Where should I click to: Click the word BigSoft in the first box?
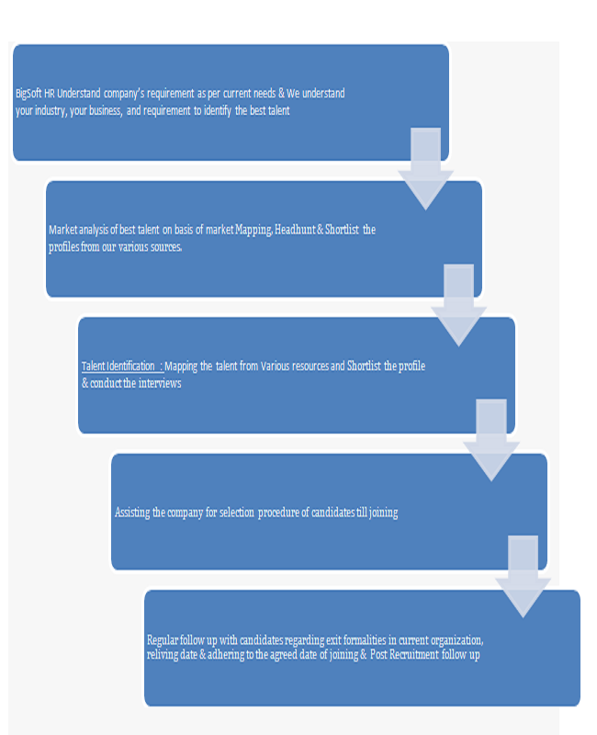(x=28, y=94)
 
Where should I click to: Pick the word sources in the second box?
(x=166, y=247)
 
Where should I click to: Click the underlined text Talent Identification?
(x=118, y=366)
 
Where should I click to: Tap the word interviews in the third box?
(x=160, y=383)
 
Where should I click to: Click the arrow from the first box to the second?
(x=425, y=169)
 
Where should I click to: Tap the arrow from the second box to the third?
(x=458, y=305)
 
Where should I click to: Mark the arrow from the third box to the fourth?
(x=491, y=440)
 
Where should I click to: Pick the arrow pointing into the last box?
(x=523, y=577)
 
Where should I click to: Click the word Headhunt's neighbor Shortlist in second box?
(x=342, y=230)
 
